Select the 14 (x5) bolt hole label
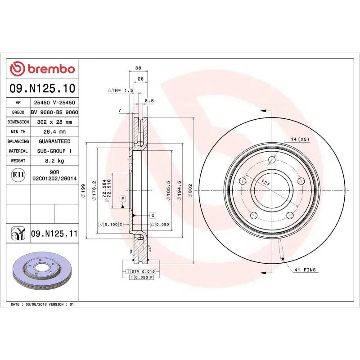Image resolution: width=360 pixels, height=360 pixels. (x=300, y=139)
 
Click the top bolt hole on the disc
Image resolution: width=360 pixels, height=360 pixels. (x=271, y=160)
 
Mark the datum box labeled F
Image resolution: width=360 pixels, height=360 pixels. (x=122, y=198)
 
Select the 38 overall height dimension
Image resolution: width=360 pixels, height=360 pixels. (x=138, y=68)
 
